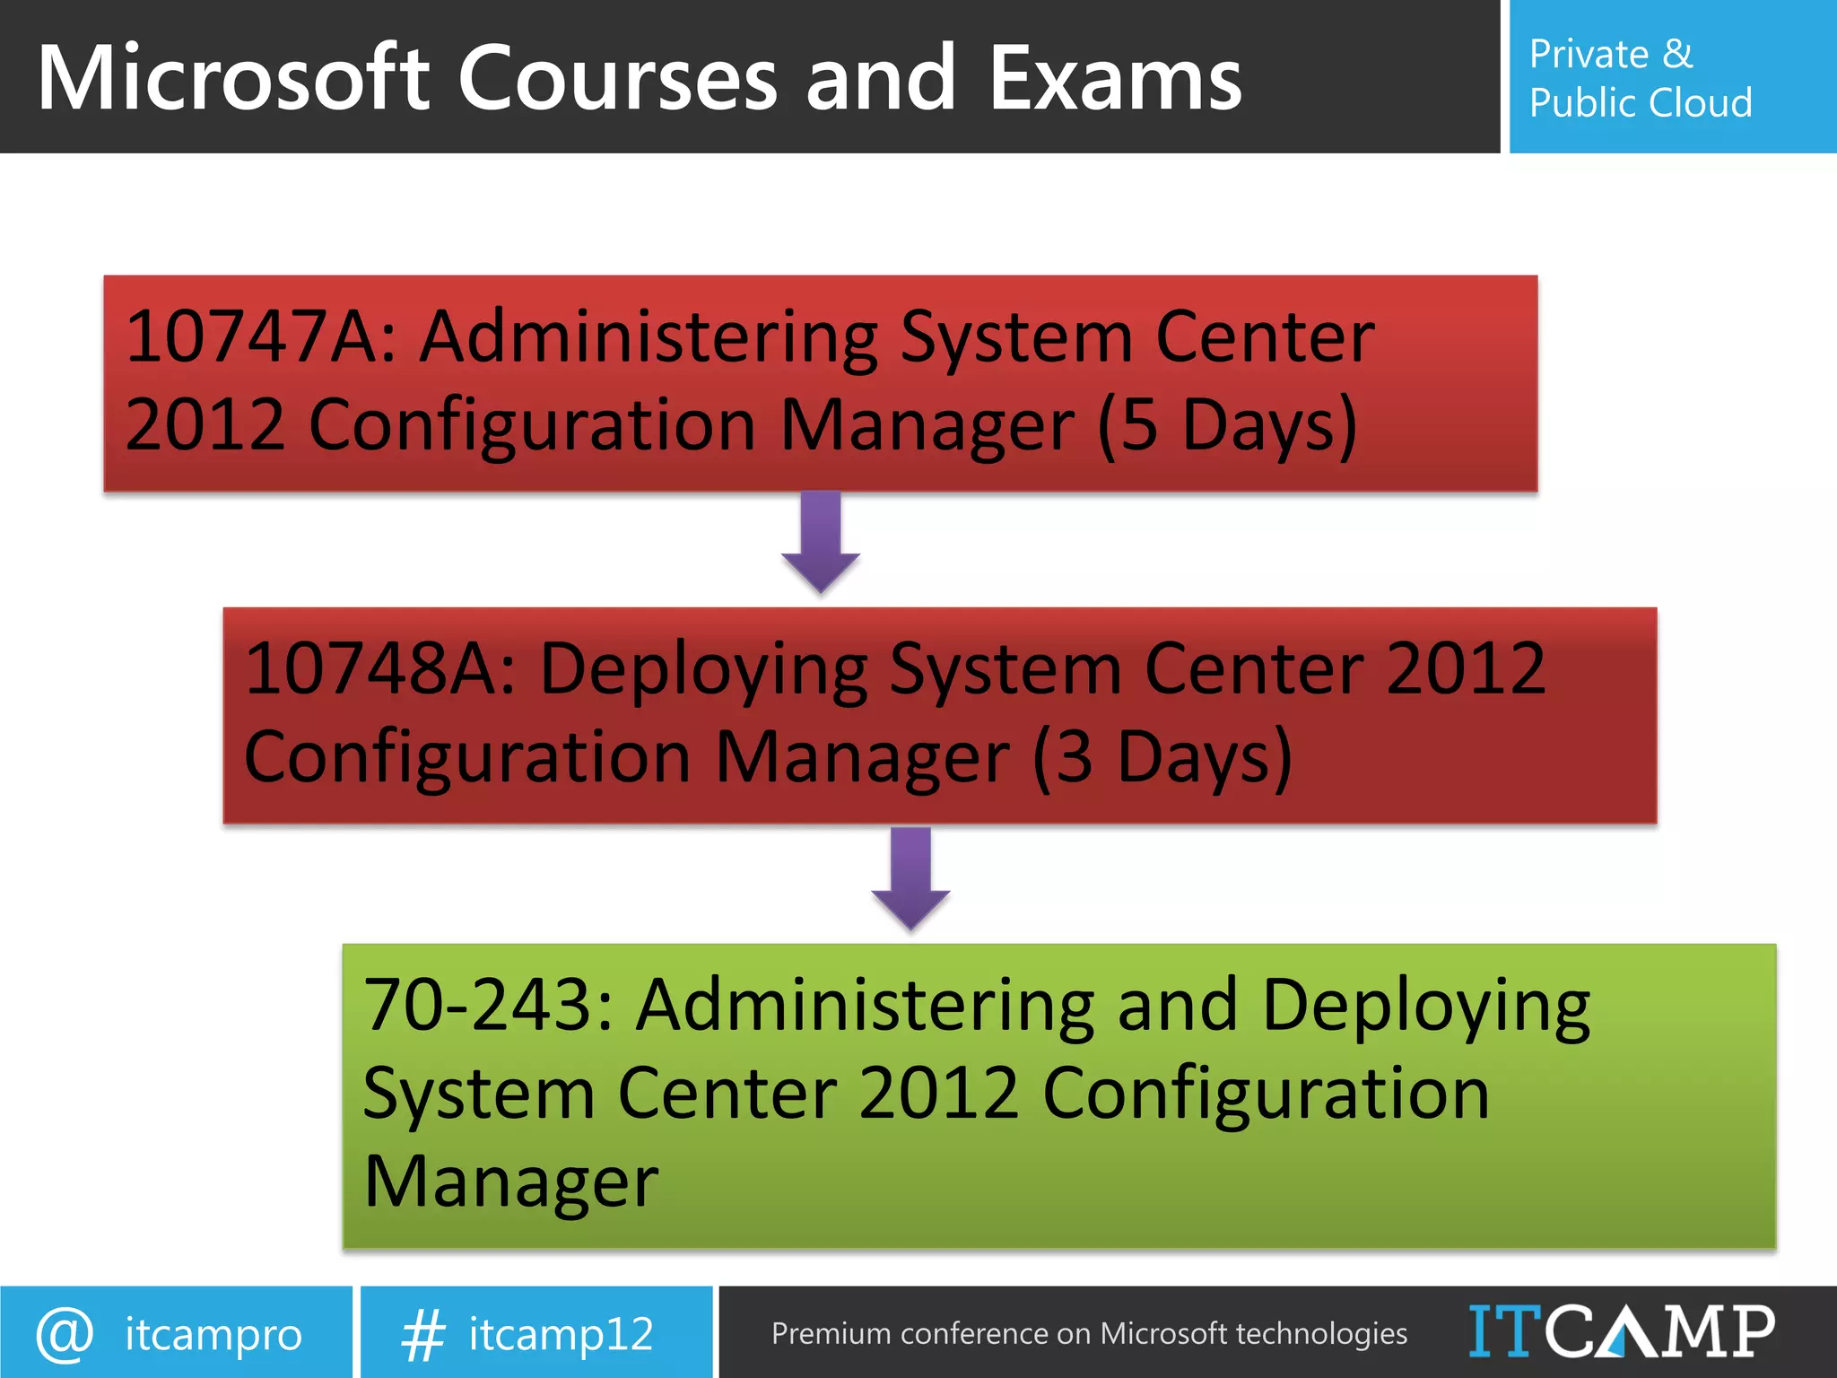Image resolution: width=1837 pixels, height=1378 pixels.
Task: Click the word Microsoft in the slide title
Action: tap(234, 79)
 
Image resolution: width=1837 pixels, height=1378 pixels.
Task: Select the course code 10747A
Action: tap(260, 337)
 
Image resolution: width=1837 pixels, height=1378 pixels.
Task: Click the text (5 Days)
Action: tap(1227, 425)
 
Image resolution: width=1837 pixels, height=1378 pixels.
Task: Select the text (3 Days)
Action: tap(1162, 757)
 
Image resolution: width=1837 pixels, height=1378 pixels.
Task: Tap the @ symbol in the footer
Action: tap(65, 1334)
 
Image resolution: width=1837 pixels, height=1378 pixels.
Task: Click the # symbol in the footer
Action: tap(423, 1334)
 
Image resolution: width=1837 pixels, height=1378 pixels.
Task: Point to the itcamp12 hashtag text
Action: tap(562, 1334)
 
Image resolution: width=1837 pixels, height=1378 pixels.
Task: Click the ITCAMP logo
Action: tap(1622, 1331)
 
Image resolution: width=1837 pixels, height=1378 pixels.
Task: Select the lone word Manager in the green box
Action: tap(511, 1182)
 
